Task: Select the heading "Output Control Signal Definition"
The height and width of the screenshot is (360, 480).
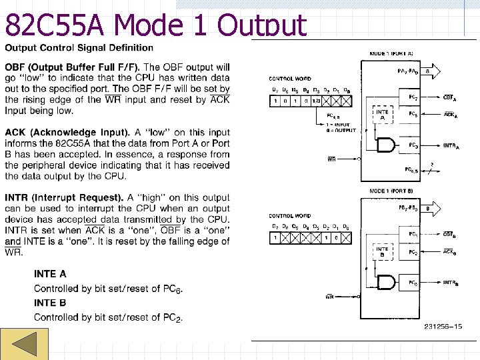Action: [79, 48]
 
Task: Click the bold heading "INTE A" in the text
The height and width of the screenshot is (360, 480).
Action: [50, 274]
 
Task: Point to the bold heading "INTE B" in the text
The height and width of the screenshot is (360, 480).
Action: [50, 303]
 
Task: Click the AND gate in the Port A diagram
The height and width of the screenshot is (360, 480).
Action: [387, 145]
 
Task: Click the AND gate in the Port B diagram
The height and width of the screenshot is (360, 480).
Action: [387, 283]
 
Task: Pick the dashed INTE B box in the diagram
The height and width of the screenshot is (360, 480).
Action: [382, 252]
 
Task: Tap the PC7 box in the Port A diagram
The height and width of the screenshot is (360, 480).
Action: [413, 97]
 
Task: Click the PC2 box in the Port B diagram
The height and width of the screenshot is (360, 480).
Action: [413, 253]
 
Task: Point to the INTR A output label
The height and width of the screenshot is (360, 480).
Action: [451, 146]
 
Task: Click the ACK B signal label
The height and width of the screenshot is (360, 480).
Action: [450, 252]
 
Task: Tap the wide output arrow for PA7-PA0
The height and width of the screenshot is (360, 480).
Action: [433, 69]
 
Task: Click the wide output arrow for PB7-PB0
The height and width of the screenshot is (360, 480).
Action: [433, 209]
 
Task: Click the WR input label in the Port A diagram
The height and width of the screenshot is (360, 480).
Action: [331, 159]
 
